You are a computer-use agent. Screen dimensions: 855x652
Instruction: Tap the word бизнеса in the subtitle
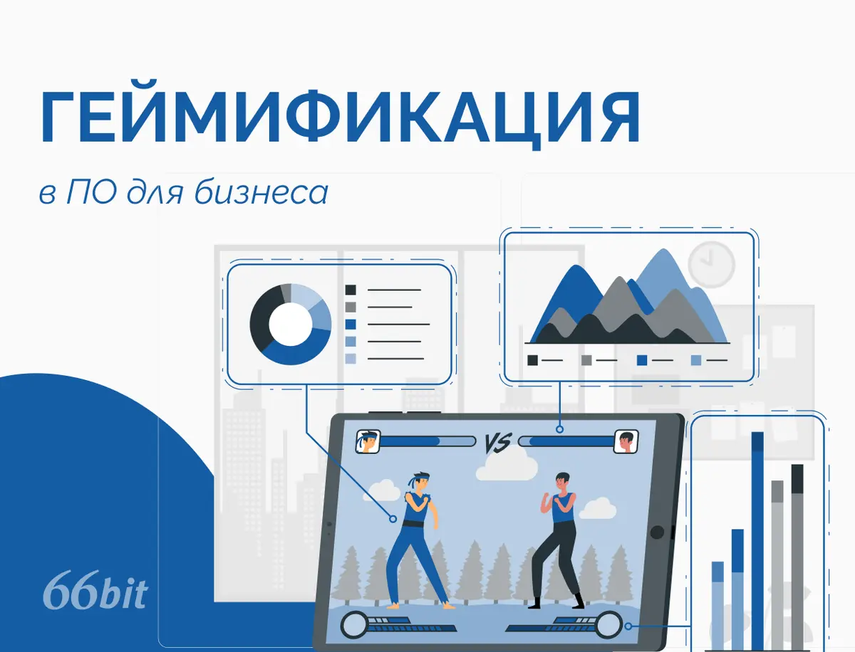[261, 191]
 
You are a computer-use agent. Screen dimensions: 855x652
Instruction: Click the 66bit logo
[95, 590]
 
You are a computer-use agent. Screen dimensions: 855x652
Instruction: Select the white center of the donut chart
[291, 324]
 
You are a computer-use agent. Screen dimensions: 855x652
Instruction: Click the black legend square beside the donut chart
[350, 290]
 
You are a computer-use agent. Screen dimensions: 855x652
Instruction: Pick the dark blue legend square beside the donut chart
[350, 325]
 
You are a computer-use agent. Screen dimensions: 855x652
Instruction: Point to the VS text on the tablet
[497, 443]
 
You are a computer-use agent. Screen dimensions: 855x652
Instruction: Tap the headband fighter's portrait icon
[368, 441]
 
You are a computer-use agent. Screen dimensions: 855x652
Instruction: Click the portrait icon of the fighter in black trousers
[626, 441]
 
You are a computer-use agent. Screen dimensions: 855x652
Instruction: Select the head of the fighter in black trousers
[562, 483]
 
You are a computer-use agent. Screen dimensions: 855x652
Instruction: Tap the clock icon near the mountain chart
[711, 265]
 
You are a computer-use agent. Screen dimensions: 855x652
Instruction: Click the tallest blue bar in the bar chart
[757, 541]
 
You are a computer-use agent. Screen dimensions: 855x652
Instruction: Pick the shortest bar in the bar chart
[717, 606]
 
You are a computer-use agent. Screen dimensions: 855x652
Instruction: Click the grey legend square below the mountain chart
[586, 360]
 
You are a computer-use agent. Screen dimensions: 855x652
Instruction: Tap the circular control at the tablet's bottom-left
[354, 625]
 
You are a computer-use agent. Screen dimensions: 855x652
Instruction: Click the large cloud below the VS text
[507, 466]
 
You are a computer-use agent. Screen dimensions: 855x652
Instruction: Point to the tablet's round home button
[657, 532]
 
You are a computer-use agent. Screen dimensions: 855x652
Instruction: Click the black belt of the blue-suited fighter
[413, 524]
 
